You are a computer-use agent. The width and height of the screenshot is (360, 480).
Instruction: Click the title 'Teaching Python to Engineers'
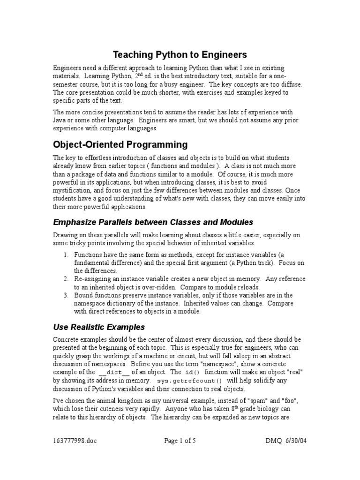click(180, 55)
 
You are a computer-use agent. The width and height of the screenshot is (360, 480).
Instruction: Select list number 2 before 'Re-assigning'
click(65, 278)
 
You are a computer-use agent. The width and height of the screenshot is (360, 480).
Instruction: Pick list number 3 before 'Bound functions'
click(65, 295)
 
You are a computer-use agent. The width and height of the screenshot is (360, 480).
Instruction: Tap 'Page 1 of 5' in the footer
click(180, 441)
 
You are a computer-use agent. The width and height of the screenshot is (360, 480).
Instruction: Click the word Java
click(60, 120)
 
